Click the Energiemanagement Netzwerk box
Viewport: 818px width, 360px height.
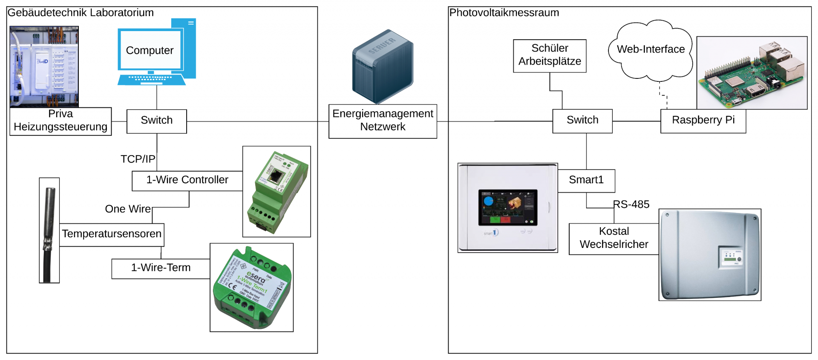pyautogui.click(x=383, y=121)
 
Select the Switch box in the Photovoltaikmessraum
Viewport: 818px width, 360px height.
pyautogui.click(x=582, y=121)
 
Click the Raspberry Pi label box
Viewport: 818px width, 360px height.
pyautogui.click(x=703, y=121)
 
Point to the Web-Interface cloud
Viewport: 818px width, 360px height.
pyautogui.click(x=651, y=50)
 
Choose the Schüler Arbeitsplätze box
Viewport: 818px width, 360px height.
pyautogui.click(x=550, y=56)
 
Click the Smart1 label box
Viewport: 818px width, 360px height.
pyautogui.click(x=586, y=181)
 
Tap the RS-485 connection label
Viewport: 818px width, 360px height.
pyautogui.click(x=631, y=204)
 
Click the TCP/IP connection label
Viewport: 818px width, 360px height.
pyautogui.click(x=138, y=159)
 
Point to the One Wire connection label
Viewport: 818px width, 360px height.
pyautogui.click(x=128, y=209)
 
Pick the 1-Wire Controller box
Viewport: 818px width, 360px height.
pyautogui.click(x=187, y=181)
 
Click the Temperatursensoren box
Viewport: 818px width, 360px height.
pyautogui.click(x=112, y=234)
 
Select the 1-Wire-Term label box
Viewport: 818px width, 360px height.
pyautogui.click(x=161, y=268)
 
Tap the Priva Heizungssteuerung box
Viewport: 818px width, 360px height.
pyautogui.click(x=60, y=121)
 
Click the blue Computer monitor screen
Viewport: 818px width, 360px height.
pyautogui.click(x=150, y=50)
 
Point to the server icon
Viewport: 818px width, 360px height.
pyautogui.click(x=383, y=66)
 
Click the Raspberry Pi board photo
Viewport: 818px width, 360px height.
pyautogui.click(x=752, y=72)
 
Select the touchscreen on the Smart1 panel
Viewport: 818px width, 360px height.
pyautogui.click(x=508, y=207)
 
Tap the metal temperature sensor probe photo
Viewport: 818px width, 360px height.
pyautogui.click(x=49, y=230)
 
